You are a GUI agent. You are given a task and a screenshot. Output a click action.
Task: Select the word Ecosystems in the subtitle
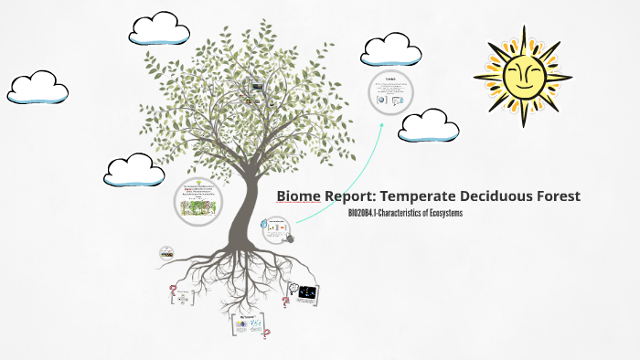(x=441, y=214)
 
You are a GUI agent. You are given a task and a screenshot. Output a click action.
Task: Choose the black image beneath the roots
(x=307, y=293)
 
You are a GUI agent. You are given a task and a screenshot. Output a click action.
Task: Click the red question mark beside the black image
(x=286, y=301)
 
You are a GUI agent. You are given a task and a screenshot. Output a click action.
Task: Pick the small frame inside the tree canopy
(x=257, y=87)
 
